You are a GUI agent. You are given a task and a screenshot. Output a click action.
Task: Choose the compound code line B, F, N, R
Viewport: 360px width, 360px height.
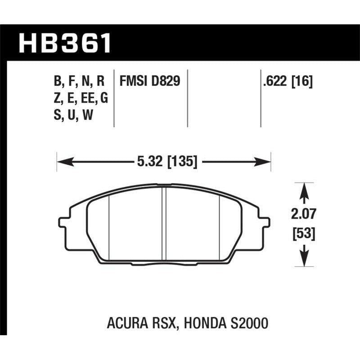point(79,81)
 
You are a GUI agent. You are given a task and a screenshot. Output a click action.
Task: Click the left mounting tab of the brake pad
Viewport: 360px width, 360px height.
point(63,222)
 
